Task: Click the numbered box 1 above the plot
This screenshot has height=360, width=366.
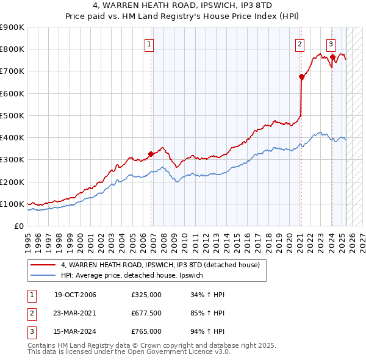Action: point(149,43)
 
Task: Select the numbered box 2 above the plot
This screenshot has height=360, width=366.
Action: point(300,43)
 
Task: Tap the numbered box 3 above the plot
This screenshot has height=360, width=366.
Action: point(331,43)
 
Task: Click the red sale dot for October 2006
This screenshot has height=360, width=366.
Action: point(151,154)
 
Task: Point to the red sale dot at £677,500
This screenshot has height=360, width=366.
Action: point(301,77)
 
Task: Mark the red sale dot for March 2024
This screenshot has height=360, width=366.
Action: point(332,57)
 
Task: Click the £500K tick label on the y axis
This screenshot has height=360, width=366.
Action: point(12,115)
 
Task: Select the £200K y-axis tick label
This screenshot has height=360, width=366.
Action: point(12,182)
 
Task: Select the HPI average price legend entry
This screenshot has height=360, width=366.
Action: point(135,276)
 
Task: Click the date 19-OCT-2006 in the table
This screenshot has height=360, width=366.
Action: point(75,295)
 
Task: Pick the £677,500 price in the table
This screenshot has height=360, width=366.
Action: point(146,314)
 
